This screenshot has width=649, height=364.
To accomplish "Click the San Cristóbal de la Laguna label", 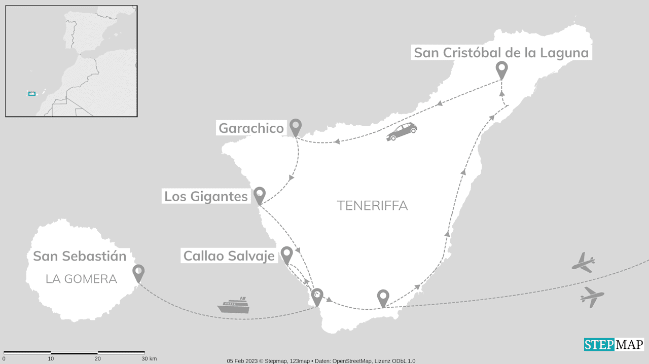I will tap(501, 53).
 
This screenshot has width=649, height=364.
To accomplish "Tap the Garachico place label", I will tap(251, 128).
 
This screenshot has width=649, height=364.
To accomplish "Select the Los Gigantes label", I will tap(206, 196).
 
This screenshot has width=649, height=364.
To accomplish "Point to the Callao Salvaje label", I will tap(229, 256).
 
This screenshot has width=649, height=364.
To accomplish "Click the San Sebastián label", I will tap(80, 256).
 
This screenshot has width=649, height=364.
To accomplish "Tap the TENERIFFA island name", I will tap(372, 206).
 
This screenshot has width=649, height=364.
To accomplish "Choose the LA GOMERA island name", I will tap(81, 279).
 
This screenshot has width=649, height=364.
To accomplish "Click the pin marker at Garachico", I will tap(295, 126).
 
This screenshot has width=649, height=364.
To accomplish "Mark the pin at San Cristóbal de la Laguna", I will tap(501, 69).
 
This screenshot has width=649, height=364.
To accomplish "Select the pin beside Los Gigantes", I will tap(259, 195).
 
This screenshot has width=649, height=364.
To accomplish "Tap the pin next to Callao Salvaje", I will tap(286, 254).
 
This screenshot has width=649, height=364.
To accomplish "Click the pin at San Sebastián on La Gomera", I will tap(138, 272).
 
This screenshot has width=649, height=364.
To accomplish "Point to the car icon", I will tap(401, 131).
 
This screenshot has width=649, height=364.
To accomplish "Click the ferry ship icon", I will tap(234, 306).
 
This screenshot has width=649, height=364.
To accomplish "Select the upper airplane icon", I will tap(583, 262).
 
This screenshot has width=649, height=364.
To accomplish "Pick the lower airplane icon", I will tap(592, 297).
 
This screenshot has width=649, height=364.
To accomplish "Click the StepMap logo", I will tap(614, 345).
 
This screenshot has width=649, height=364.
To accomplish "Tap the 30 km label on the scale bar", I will tap(149, 359).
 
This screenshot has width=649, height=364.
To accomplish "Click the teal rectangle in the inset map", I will tap(31, 94).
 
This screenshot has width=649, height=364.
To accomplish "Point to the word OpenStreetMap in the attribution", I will tap(352, 361).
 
